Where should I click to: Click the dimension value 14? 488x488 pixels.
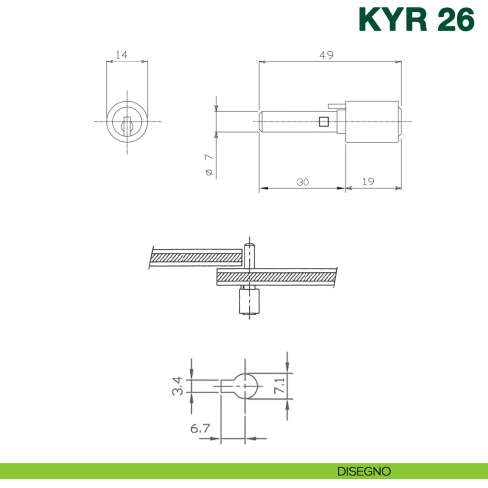point(122,56)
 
